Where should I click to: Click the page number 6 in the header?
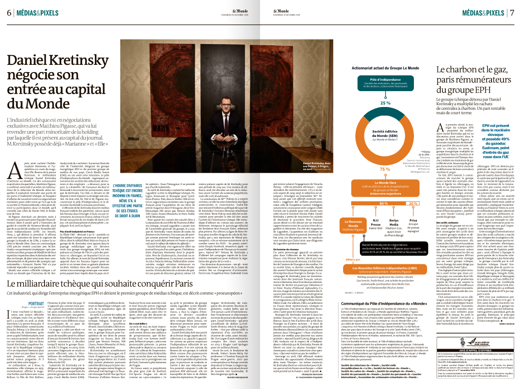pos(9,13)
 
